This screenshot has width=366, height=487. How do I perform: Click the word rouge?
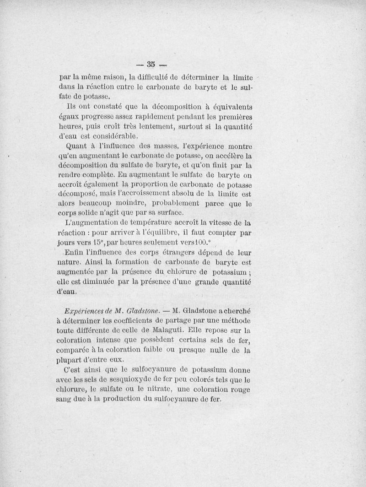(238, 389)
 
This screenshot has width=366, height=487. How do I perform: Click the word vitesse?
(215, 223)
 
